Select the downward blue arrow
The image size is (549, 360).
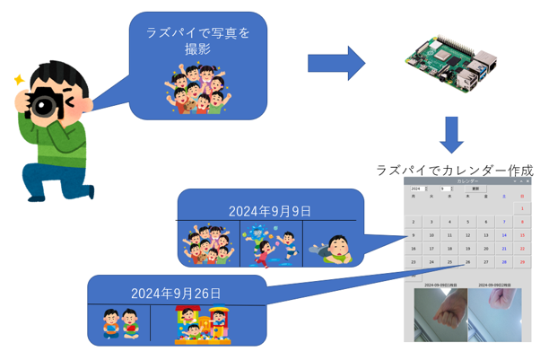tap(453, 134)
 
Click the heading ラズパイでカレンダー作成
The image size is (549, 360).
tap(455, 169)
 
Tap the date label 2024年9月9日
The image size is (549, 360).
tap(270, 211)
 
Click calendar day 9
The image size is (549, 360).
tap(414, 235)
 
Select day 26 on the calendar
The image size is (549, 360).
tap(467, 262)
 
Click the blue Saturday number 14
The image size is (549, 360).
tap(504, 235)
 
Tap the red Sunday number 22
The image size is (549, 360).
tap(522, 249)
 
